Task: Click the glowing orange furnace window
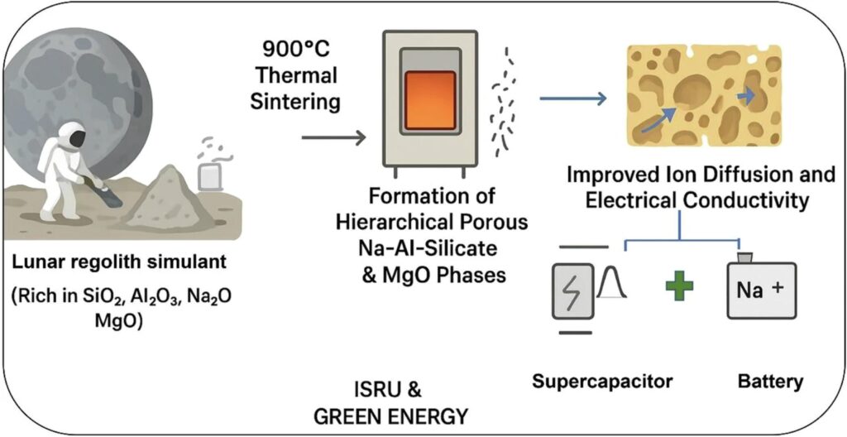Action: [x=430, y=100]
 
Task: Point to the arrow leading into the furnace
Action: [x=334, y=138]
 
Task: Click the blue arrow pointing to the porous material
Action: [x=573, y=98]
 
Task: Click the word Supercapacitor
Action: [x=602, y=382]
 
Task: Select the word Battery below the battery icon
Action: [x=770, y=382]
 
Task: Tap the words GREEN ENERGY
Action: [x=391, y=417]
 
